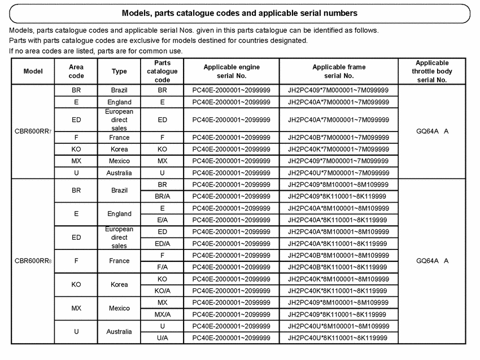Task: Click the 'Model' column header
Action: (x=33, y=71)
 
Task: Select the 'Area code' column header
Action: (x=76, y=71)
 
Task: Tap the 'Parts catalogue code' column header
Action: (x=162, y=71)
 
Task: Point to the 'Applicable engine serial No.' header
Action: (x=232, y=71)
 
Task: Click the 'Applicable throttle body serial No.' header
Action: (x=431, y=71)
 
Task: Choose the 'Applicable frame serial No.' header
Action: (x=339, y=71)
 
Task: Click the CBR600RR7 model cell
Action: (x=33, y=131)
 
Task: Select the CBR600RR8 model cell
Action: (x=33, y=261)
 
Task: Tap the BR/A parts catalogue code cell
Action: (x=162, y=196)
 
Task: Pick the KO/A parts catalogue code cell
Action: (x=162, y=291)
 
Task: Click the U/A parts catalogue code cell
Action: (x=162, y=338)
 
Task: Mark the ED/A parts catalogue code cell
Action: (x=162, y=243)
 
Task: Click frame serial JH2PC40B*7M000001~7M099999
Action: (x=338, y=138)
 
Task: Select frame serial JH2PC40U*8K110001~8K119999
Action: (x=338, y=338)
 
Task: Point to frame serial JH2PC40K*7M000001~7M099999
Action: (x=338, y=149)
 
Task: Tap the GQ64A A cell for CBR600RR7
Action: (x=431, y=131)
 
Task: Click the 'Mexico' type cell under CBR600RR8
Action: (x=119, y=308)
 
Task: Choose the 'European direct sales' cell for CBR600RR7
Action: (x=119, y=120)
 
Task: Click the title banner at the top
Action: (x=239, y=12)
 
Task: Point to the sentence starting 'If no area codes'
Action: (x=96, y=51)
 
